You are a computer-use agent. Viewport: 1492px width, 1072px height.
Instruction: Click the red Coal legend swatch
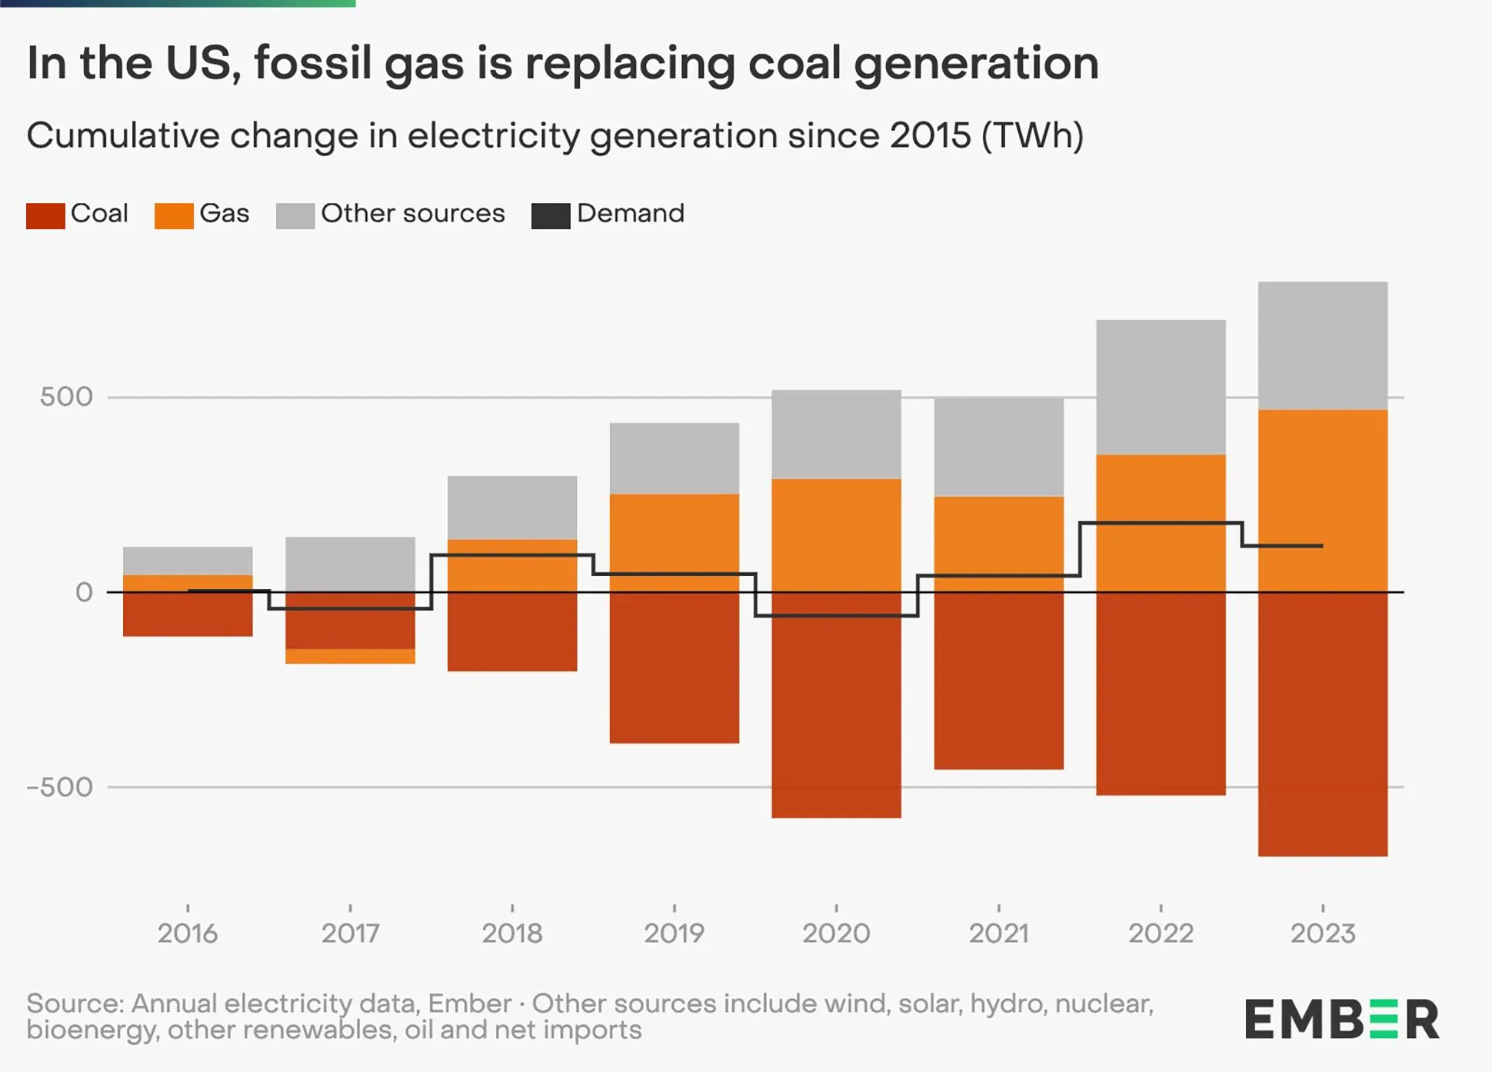[x=45, y=215]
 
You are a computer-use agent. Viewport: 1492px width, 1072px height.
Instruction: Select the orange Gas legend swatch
[x=174, y=215]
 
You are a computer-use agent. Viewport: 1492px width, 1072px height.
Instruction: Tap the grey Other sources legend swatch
[x=295, y=215]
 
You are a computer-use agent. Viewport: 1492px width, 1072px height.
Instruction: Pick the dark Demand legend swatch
[x=551, y=215]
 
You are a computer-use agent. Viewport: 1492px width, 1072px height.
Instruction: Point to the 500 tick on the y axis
[x=66, y=397]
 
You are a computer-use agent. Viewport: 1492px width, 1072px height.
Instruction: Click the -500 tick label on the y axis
[x=60, y=787]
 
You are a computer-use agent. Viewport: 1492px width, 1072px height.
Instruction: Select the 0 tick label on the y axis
[x=84, y=592]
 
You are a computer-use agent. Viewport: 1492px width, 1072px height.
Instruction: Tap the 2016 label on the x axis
[x=188, y=933]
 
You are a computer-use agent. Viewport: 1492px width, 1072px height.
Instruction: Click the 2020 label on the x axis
[x=836, y=933]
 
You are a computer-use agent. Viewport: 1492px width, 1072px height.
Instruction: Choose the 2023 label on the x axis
[x=1323, y=933]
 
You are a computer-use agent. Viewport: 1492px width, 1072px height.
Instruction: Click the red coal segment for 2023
[x=1323, y=723]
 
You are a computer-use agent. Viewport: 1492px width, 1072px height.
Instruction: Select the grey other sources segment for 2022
[x=1161, y=387]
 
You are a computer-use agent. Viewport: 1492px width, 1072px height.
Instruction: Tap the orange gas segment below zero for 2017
[x=350, y=656]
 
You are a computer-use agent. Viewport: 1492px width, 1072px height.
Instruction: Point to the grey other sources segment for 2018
[x=512, y=507]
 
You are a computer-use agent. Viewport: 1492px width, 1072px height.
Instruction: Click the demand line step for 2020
[x=836, y=616]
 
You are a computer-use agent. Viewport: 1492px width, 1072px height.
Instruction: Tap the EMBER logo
[x=1341, y=1020]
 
